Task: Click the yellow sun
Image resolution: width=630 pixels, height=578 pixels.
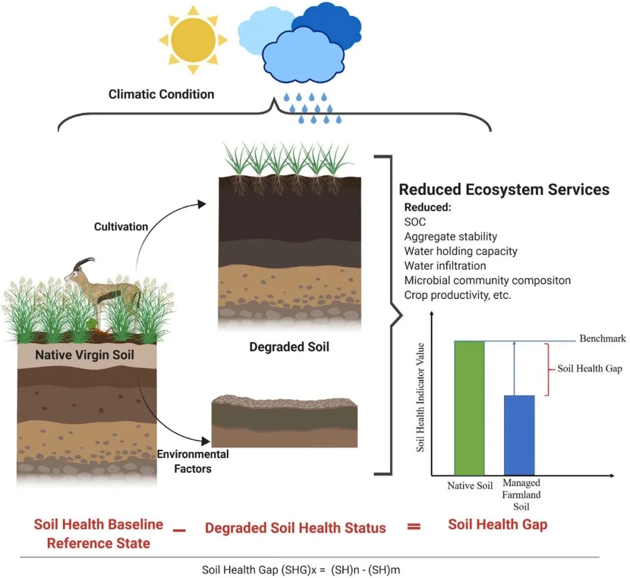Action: point(193,40)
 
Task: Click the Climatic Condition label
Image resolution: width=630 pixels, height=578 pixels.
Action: point(161,94)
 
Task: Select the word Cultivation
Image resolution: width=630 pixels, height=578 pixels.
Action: point(121,227)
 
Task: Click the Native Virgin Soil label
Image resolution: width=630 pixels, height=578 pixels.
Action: point(85,355)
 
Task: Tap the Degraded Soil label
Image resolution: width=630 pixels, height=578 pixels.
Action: point(289,347)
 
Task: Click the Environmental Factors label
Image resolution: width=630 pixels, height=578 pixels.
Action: point(193,461)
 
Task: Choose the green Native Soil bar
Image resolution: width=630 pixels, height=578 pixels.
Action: point(469,408)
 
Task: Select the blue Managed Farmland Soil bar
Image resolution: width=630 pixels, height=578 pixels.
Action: point(519,435)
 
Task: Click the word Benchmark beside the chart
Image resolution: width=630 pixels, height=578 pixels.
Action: point(602,339)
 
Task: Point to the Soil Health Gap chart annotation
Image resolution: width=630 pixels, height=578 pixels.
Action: point(589,368)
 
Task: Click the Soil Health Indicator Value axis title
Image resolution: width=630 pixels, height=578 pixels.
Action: point(420,397)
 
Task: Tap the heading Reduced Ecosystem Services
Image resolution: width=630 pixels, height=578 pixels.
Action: point(504,189)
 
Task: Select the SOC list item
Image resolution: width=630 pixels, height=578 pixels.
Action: point(415,222)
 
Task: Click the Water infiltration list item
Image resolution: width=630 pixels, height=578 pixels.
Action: point(444,266)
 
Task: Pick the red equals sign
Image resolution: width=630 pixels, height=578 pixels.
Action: point(414,526)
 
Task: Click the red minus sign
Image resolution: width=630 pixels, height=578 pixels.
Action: point(179,531)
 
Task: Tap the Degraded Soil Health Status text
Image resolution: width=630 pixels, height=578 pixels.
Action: point(295,528)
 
